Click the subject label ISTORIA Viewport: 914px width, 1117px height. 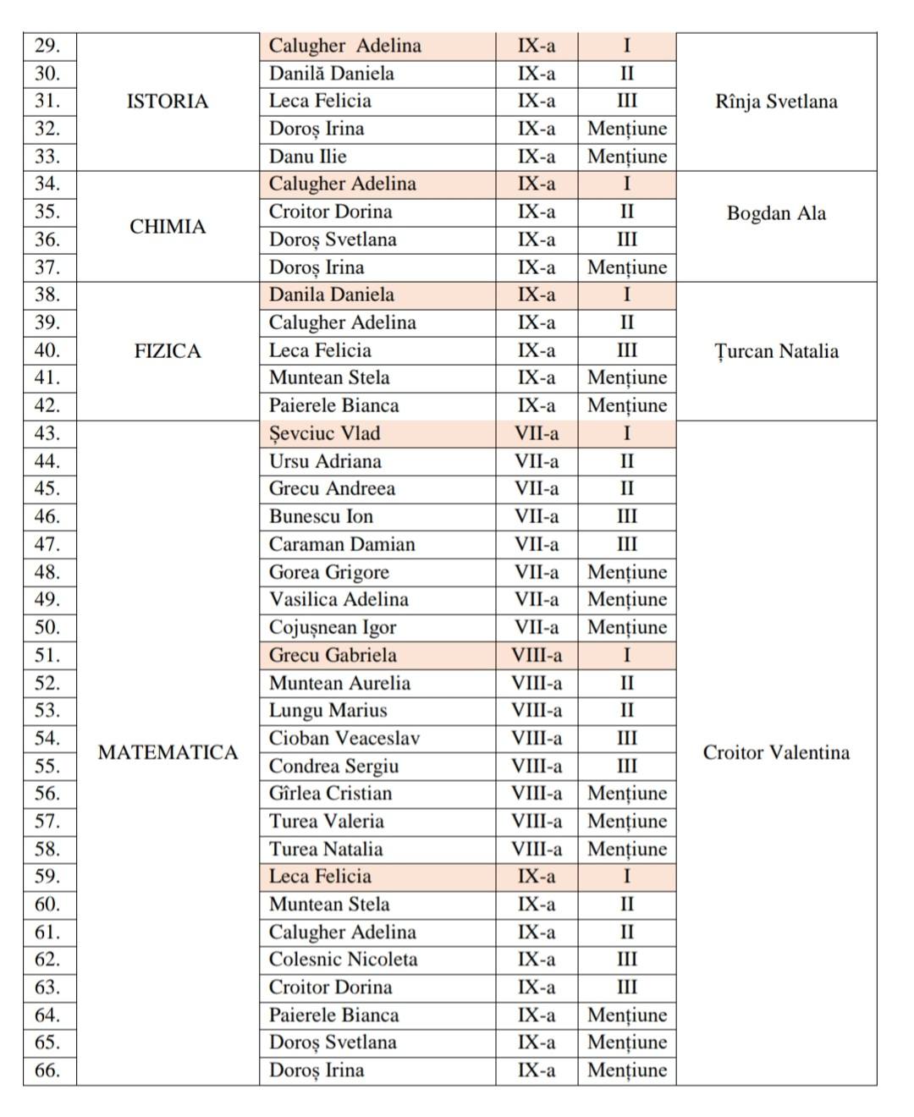[x=167, y=102]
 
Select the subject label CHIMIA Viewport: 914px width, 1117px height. [x=167, y=227]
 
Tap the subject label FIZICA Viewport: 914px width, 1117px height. [x=167, y=351]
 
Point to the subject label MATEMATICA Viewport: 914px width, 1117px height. [x=168, y=752]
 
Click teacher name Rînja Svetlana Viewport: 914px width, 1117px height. [x=776, y=102]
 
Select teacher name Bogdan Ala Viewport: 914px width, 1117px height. [x=776, y=213]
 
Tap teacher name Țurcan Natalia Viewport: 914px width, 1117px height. [x=776, y=351]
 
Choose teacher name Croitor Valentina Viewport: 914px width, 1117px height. [x=776, y=752]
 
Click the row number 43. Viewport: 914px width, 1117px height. [x=47, y=433]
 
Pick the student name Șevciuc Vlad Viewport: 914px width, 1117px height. [x=325, y=433]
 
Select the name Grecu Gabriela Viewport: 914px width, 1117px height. [x=333, y=655]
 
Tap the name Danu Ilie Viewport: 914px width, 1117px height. [x=308, y=157]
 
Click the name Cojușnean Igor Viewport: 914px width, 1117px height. [x=333, y=627]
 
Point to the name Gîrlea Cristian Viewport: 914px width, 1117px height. [x=331, y=793]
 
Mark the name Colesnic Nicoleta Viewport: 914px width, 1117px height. [x=343, y=959]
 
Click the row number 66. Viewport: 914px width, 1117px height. [x=47, y=1070]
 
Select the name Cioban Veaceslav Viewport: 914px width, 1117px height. [x=344, y=738]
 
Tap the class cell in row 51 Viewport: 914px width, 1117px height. [x=537, y=655]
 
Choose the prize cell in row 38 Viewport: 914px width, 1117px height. [x=626, y=294]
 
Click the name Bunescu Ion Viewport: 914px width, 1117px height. [x=321, y=516]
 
